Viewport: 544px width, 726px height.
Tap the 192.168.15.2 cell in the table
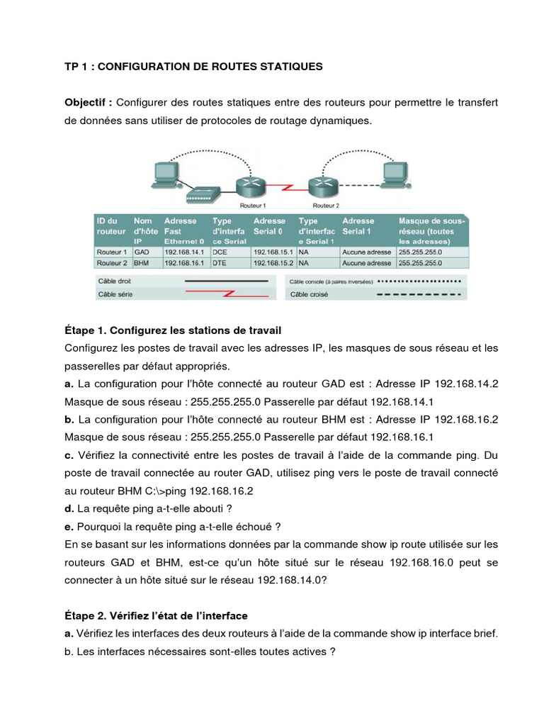274,262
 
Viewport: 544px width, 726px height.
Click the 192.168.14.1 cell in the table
183,251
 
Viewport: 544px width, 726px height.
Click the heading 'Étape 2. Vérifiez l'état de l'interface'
156,615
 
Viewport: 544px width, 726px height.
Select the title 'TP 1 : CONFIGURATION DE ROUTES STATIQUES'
193,67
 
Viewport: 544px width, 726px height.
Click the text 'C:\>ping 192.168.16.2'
198,490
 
